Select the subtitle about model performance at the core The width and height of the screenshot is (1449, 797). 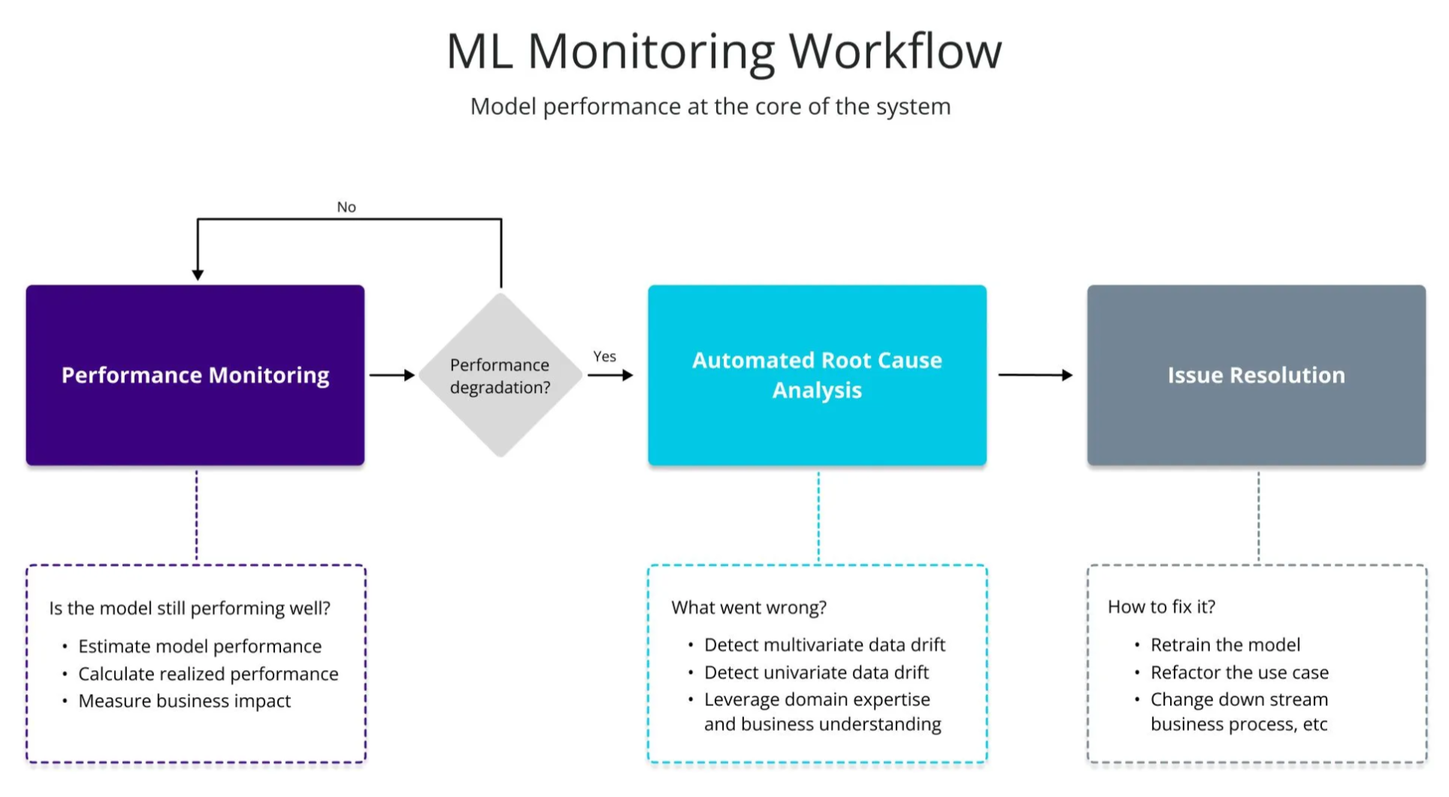click(x=710, y=107)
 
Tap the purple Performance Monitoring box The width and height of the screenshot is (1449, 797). click(x=195, y=375)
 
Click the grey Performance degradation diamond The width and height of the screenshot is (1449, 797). click(x=500, y=376)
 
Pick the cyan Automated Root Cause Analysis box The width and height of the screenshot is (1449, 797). click(x=817, y=375)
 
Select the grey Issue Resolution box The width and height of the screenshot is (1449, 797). click(x=1256, y=375)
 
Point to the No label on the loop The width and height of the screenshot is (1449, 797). click(x=346, y=207)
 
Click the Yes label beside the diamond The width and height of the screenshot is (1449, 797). click(x=604, y=356)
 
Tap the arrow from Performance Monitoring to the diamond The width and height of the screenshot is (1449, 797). click(x=392, y=375)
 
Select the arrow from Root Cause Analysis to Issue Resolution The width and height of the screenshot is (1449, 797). click(x=1035, y=375)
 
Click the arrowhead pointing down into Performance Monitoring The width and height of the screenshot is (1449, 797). click(x=198, y=274)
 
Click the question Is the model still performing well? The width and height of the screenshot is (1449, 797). click(x=189, y=608)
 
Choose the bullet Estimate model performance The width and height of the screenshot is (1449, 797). click(x=199, y=646)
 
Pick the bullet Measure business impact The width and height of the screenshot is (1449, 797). click(x=184, y=701)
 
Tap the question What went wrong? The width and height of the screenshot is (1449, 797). click(x=749, y=607)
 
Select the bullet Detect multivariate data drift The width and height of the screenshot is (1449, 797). click(x=824, y=645)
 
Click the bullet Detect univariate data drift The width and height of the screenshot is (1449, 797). click(x=816, y=672)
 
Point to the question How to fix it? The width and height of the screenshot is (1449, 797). click(x=1161, y=606)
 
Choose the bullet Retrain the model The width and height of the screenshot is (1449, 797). click(x=1225, y=645)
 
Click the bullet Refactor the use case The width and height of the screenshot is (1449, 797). click(x=1239, y=672)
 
